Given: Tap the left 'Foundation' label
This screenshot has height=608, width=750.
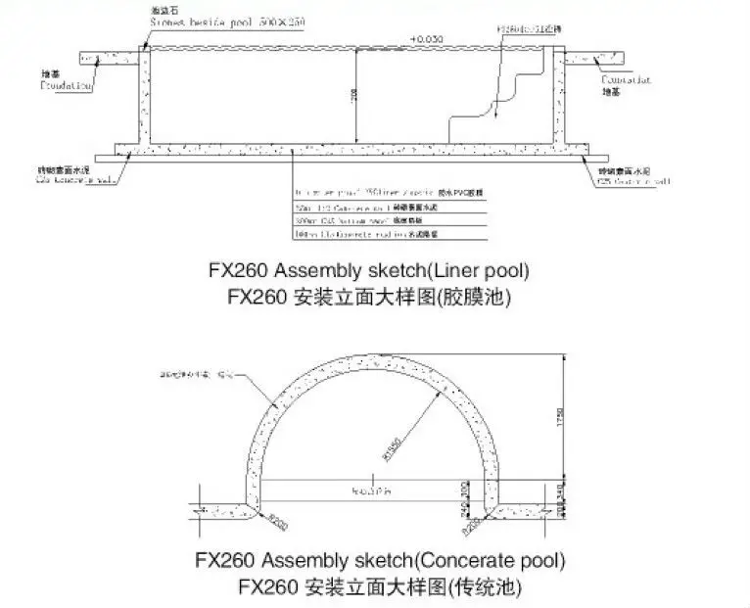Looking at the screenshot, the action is coord(67,86).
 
